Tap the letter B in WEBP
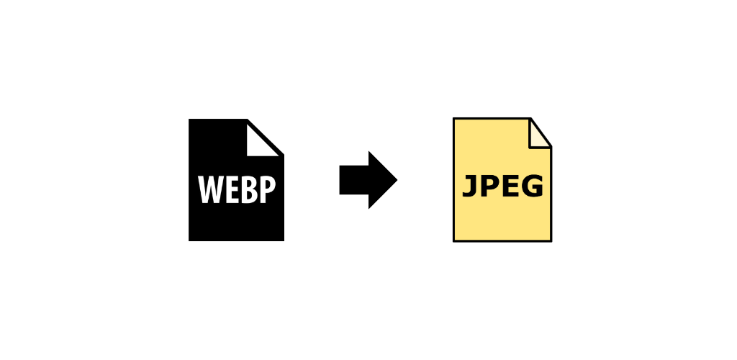point(250,189)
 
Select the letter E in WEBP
point(232,189)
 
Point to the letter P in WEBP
point(268,189)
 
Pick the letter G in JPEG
point(533,186)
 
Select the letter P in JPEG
point(489,186)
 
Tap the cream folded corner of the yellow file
point(537,137)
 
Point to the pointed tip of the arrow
point(397,179)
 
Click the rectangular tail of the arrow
point(354,179)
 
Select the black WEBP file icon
point(236,180)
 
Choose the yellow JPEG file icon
point(502,179)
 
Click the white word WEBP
point(236,189)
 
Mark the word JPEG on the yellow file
point(503,186)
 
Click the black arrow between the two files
point(368,179)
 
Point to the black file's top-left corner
point(189,119)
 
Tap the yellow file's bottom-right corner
point(551,242)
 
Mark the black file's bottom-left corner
point(189,241)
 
